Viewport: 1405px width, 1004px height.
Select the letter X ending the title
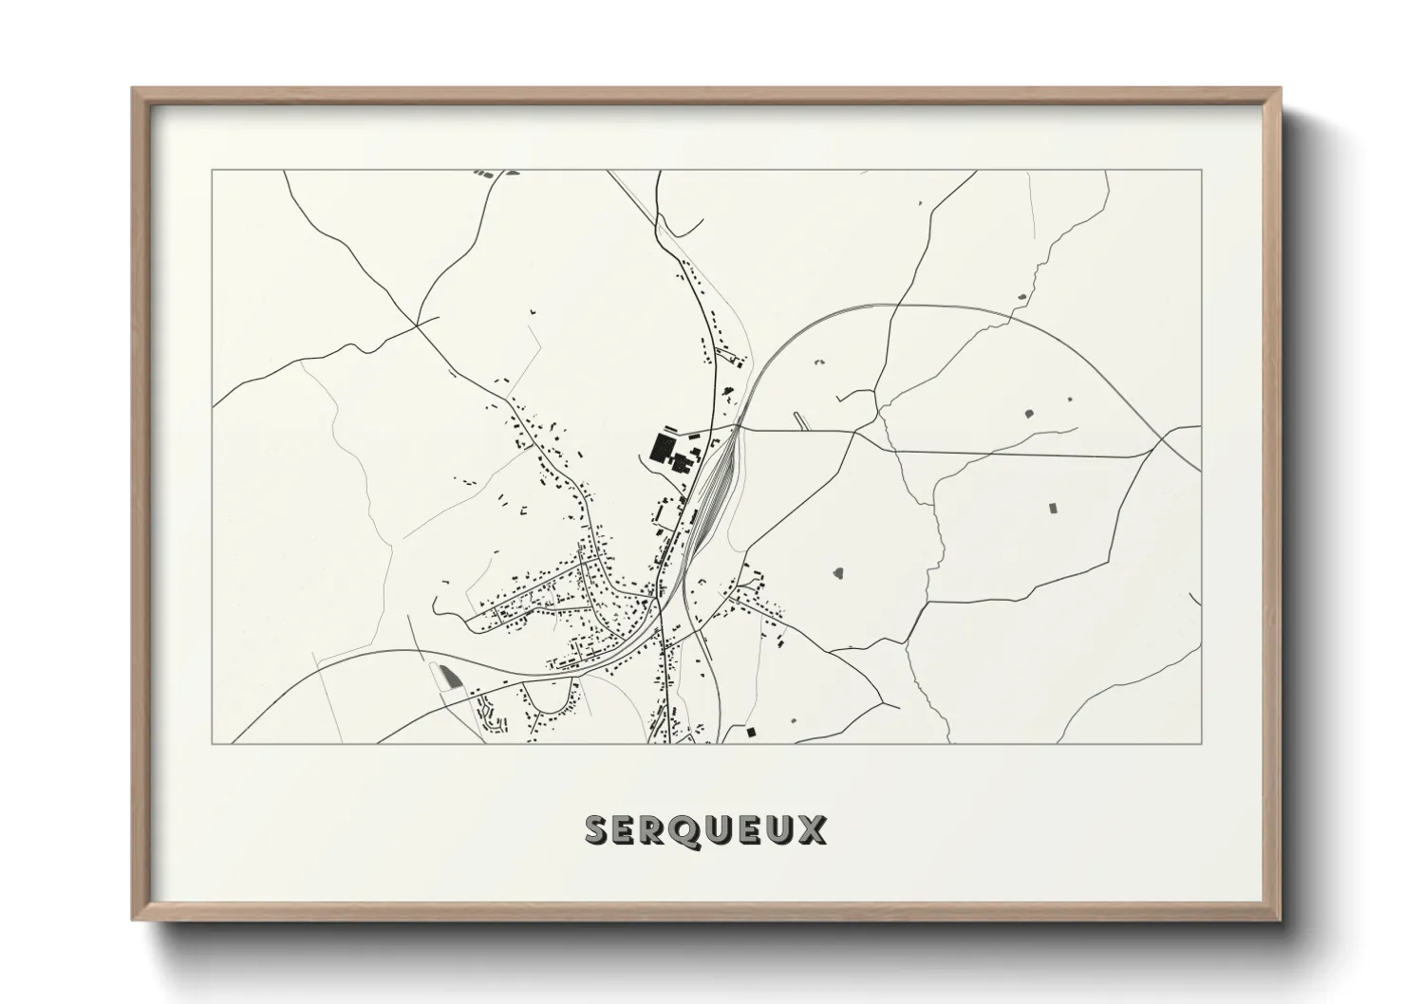[813, 829]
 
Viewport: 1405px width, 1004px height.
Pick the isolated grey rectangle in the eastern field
[1052, 507]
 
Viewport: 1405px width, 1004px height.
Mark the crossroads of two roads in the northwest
[417, 325]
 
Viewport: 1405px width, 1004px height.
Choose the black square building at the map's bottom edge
[751, 732]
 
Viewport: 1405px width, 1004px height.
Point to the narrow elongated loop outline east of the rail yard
[802, 420]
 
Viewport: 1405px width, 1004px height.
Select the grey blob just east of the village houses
[838, 572]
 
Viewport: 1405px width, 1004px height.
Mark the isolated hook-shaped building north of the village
[533, 310]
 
